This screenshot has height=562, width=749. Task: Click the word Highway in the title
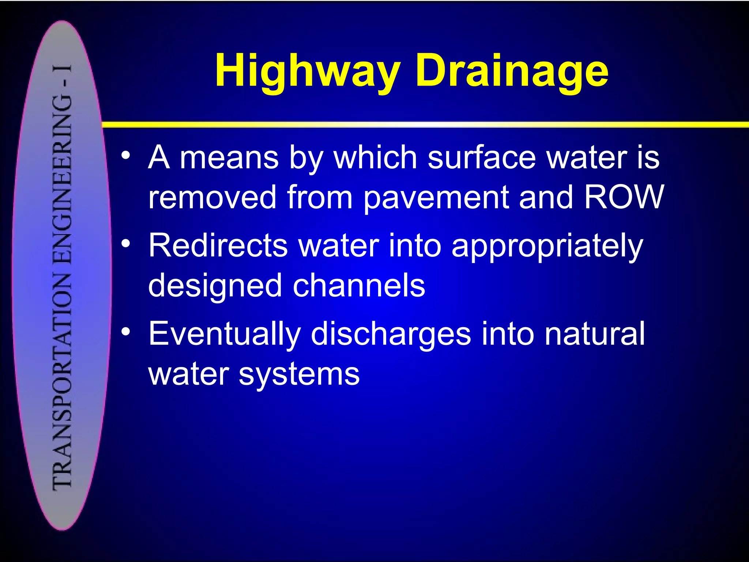coord(307,71)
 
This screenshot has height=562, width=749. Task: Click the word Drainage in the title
coord(512,71)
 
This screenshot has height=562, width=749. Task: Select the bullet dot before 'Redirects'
coord(126,243)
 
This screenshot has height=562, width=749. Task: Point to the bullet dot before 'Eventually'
coord(126,331)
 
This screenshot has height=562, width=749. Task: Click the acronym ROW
coord(623,197)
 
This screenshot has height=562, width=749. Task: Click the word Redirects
coord(218,245)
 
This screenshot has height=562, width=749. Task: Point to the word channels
coord(359,285)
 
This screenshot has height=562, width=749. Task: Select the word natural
coord(594,333)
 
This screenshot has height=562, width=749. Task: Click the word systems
coord(299,375)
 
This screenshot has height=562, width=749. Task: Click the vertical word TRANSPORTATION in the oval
coord(62,381)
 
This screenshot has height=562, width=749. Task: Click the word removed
coord(212,197)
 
